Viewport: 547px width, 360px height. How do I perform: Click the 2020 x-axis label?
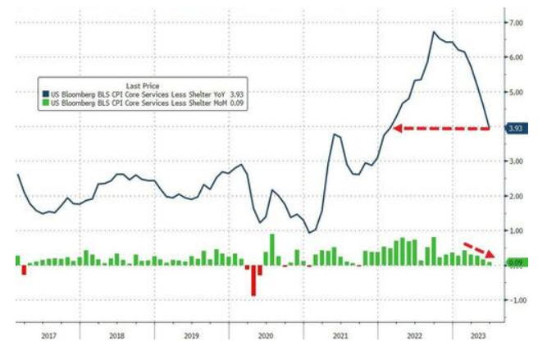265,335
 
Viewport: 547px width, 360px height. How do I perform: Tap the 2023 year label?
473,335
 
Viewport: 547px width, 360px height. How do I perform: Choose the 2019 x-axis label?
192,335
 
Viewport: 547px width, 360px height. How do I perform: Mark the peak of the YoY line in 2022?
433,33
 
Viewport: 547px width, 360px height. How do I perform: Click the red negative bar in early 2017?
24,270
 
